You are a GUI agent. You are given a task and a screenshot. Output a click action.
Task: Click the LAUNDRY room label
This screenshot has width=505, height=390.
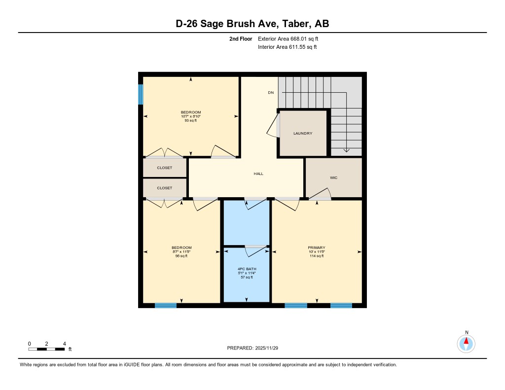303,134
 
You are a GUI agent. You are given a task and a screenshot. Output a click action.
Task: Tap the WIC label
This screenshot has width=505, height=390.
333,177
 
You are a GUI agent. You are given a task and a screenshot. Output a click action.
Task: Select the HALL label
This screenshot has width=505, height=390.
258,174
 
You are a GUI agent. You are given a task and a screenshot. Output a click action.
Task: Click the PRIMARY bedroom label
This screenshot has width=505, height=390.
316,248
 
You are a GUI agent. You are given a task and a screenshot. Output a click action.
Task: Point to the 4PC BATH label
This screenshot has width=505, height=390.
247,269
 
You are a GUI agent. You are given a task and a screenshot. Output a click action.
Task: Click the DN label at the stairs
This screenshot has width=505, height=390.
271,93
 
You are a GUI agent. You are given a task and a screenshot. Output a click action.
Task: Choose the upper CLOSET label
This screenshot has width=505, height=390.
165,168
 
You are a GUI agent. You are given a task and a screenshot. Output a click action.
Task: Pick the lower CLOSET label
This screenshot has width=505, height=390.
165,188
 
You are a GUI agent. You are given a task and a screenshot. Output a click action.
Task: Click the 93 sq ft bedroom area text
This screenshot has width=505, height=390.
191,120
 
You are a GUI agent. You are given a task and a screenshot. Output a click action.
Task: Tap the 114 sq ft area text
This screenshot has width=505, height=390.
316,256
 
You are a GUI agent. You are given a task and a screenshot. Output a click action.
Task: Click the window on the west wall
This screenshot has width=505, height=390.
141,94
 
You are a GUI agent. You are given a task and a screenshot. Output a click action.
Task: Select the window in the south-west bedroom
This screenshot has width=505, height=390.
166,306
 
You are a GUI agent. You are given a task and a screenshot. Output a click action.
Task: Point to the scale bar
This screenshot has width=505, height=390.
46,349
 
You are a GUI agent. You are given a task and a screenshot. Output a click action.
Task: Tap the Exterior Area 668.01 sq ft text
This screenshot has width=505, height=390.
291,38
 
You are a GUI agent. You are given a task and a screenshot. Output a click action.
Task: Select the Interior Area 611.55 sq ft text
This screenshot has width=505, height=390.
287,47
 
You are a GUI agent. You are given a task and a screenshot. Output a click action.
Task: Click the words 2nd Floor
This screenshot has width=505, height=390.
241,38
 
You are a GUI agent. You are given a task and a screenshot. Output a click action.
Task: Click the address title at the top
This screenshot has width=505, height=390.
252,24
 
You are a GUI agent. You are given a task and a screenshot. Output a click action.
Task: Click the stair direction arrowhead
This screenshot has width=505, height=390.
347,150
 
